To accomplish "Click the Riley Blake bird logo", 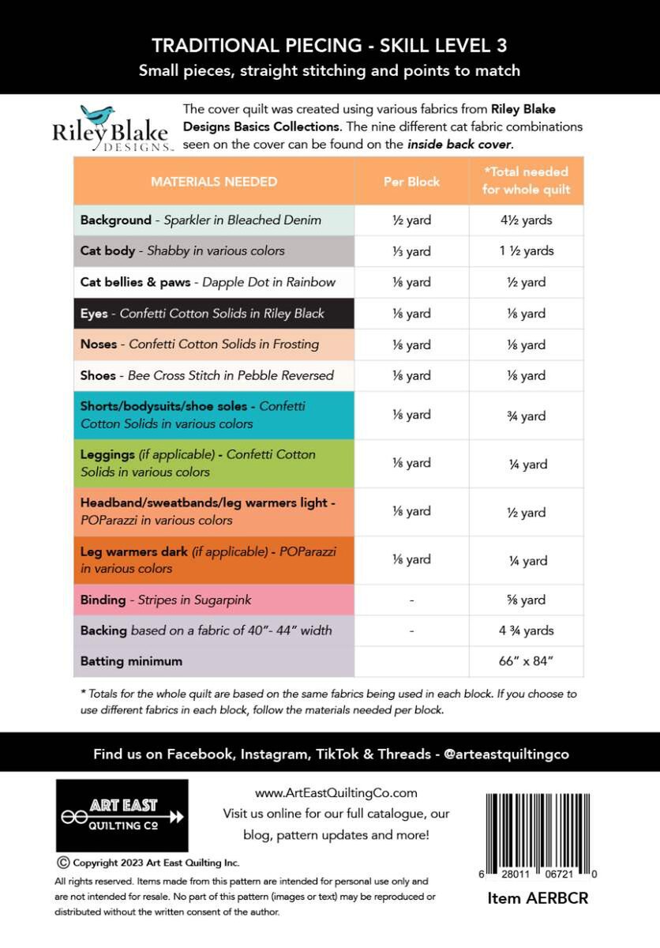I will tap(99, 116).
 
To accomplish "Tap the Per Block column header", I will tap(411, 182).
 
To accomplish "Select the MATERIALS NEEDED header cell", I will tap(214, 182).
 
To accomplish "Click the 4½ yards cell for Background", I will tap(527, 220).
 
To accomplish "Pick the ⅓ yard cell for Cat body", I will tap(411, 251).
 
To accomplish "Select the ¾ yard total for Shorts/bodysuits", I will tap(527, 416).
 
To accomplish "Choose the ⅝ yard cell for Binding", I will tap(527, 600).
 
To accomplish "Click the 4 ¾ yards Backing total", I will tap(527, 630).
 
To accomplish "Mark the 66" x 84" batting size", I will tap(527, 661).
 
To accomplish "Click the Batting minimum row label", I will tap(131, 661).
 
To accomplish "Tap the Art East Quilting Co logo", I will tap(122, 814).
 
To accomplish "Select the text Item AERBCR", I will tap(538, 898).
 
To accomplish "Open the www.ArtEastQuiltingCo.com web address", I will tap(336, 793).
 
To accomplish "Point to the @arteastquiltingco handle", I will tap(506, 754).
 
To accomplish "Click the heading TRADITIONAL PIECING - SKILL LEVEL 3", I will tap(329, 46).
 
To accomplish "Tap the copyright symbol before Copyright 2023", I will tap(62, 862).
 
